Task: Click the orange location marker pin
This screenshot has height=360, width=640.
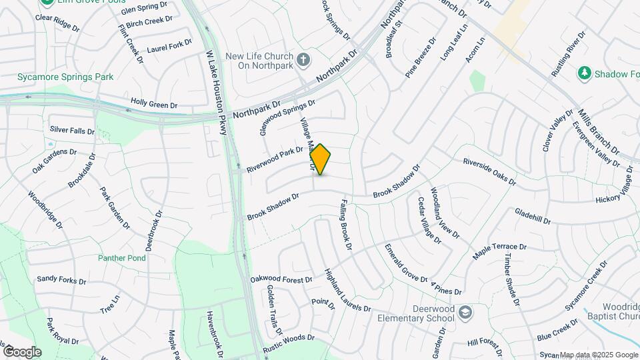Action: [321, 159]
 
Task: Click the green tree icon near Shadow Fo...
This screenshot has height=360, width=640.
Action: [585, 72]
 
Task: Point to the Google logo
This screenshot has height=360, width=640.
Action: [21, 351]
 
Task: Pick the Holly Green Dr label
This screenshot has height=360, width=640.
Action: [154, 105]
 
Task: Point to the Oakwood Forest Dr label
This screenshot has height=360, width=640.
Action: [281, 279]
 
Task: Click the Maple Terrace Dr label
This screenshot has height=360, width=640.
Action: [499, 251]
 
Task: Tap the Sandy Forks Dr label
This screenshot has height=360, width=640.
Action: [61, 280]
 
